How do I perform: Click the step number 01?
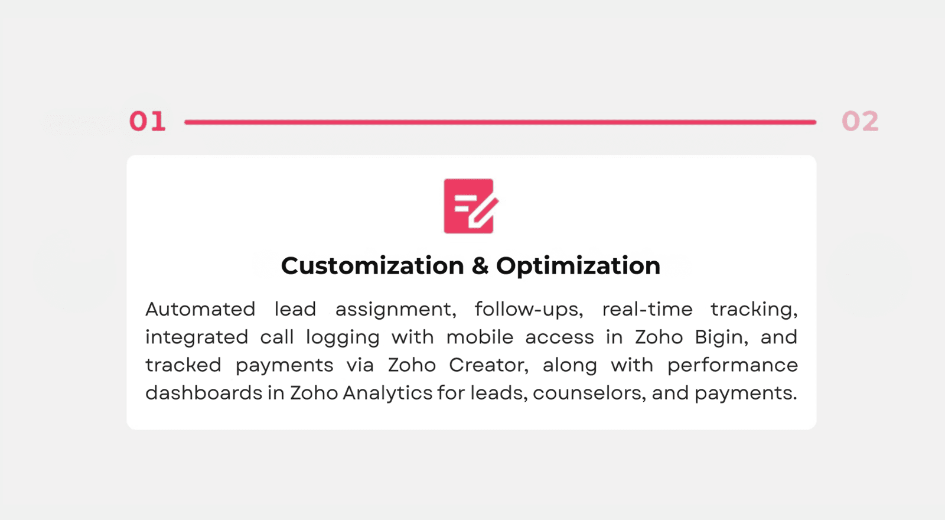pyautogui.click(x=147, y=122)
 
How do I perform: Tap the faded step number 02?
pyautogui.click(x=860, y=122)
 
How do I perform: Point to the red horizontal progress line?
pyautogui.click(x=500, y=122)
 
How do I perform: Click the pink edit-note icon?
pyautogui.click(x=470, y=206)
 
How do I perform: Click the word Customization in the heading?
pyautogui.click(x=373, y=266)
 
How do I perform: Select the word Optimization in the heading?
pyautogui.click(x=578, y=266)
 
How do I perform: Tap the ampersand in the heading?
pyautogui.click(x=480, y=266)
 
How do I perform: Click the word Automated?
pyautogui.click(x=200, y=309)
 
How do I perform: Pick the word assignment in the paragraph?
pyautogui.click(x=396, y=310)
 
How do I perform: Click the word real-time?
pyautogui.click(x=647, y=309)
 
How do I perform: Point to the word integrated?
pyautogui.click(x=197, y=337)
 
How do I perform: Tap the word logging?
pyautogui.click(x=343, y=337)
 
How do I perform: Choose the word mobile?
pyautogui.click(x=480, y=337)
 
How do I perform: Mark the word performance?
pyautogui.click(x=732, y=366)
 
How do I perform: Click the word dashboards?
pyautogui.click(x=204, y=392)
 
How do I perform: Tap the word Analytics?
pyautogui.click(x=387, y=394)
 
